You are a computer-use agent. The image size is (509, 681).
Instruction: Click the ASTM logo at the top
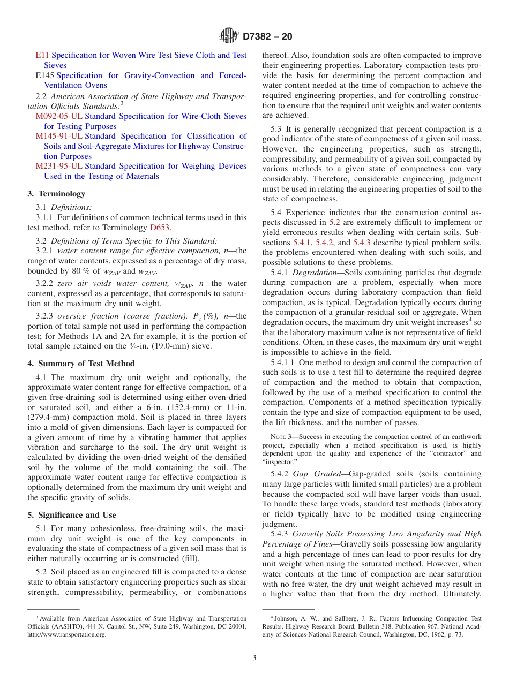(x=229, y=36)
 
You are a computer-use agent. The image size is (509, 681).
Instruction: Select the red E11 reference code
(x=42, y=55)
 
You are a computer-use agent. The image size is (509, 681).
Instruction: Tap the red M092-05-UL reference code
(x=59, y=116)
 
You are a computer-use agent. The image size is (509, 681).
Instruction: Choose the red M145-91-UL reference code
(x=59, y=136)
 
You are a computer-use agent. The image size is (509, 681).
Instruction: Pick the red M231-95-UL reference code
(x=59, y=166)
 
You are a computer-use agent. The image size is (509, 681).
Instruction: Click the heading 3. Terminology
(x=56, y=194)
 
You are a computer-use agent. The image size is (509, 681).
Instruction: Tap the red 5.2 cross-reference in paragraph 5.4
(x=334, y=222)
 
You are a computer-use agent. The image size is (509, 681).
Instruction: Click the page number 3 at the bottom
(x=254, y=657)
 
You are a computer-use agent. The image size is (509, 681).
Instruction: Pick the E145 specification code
(x=44, y=75)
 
